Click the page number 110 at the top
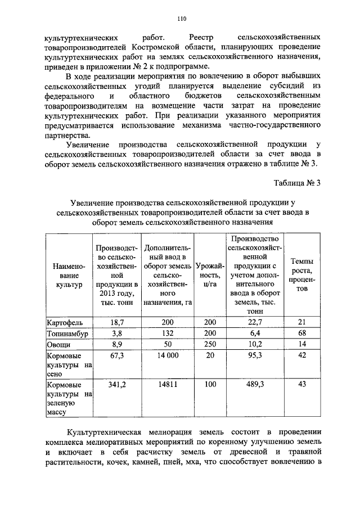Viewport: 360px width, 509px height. click(181, 19)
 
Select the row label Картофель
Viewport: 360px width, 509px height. click(65, 322)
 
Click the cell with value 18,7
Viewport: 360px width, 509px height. click(116, 322)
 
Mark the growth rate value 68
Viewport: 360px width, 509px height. click(301, 334)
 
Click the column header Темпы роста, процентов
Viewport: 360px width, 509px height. click(302, 275)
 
